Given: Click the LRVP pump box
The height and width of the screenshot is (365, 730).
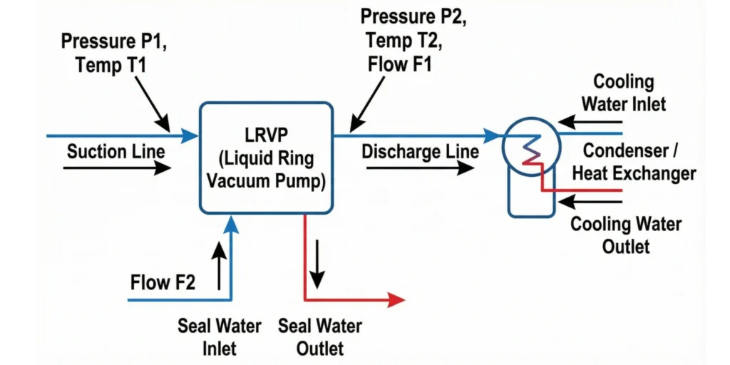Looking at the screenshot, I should click(x=266, y=158).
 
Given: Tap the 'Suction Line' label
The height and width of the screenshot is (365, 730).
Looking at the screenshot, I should click(x=115, y=151).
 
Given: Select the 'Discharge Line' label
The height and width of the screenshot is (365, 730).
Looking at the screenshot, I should click(x=420, y=152).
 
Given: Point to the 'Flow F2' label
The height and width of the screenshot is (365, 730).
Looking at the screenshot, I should click(x=163, y=282).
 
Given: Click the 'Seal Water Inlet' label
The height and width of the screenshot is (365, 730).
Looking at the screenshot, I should click(x=219, y=337).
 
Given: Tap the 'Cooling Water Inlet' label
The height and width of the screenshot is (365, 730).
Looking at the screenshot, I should click(x=623, y=93).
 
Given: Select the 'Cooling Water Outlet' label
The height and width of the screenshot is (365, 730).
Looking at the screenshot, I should click(x=626, y=235).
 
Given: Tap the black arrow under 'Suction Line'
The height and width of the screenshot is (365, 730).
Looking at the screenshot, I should click(x=117, y=168).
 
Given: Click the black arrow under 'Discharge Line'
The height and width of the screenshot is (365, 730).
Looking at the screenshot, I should click(x=421, y=168).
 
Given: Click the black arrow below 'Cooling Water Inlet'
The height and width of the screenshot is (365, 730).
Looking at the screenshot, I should click(x=595, y=121).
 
